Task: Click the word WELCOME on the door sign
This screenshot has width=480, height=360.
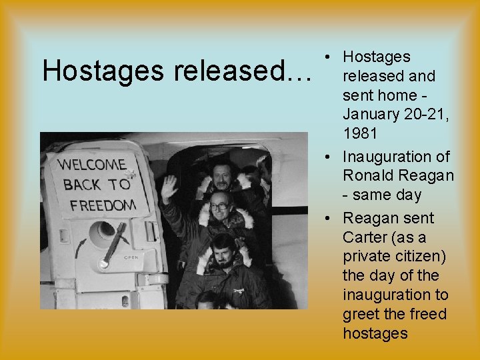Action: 91,164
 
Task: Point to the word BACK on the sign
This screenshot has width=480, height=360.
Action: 82,185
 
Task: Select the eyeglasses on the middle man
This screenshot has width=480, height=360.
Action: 220,204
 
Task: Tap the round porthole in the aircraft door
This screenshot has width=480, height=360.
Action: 103,233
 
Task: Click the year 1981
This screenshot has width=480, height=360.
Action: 360,133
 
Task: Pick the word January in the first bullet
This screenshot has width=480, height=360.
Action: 371,114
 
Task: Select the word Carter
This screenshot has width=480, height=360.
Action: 366,238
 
